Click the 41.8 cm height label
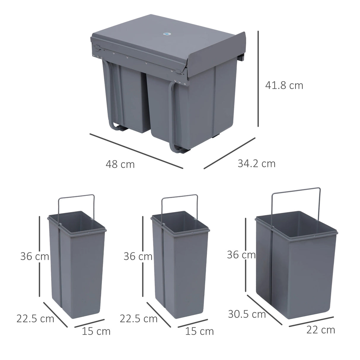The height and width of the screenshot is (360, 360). click(284, 85)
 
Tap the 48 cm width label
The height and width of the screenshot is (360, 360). click(120, 164)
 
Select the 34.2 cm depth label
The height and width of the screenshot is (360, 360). click(257, 163)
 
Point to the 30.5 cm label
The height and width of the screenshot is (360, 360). click(247, 314)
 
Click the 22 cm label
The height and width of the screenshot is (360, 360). click(321, 330)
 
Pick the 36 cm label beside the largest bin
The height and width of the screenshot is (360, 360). click(241, 254)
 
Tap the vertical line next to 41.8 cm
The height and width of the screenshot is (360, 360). click(259, 78)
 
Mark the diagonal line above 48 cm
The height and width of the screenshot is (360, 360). click(136, 151)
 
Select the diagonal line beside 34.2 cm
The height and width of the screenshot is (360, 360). click(230, 153)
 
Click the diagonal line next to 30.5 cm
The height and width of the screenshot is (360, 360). click(264, 309)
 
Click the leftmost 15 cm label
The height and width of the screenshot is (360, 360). click(96, 331)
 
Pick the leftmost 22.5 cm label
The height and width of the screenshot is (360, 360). click(35, 318)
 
